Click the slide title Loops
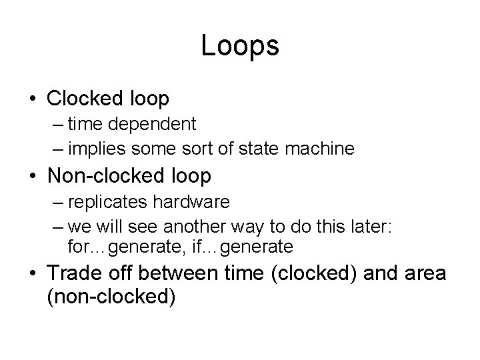coord(239,46)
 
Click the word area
coord(424,273)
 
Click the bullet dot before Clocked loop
coord(33,99)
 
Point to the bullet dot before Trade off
coord(33,274)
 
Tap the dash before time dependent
coord(55,125)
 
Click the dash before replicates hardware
coord(55,201)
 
